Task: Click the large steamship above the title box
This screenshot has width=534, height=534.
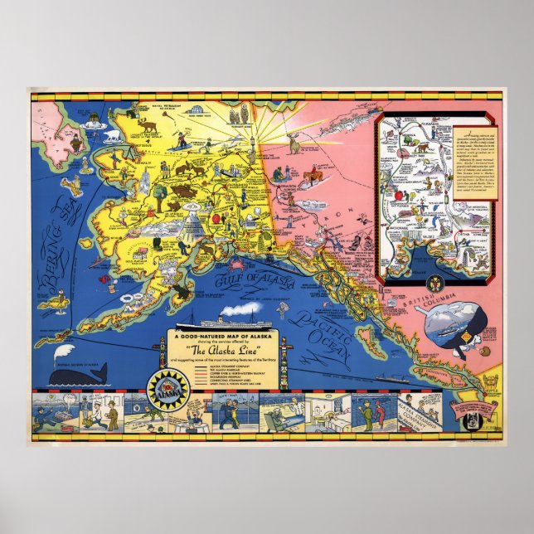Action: pyautogui.click(x=227, y=319)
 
